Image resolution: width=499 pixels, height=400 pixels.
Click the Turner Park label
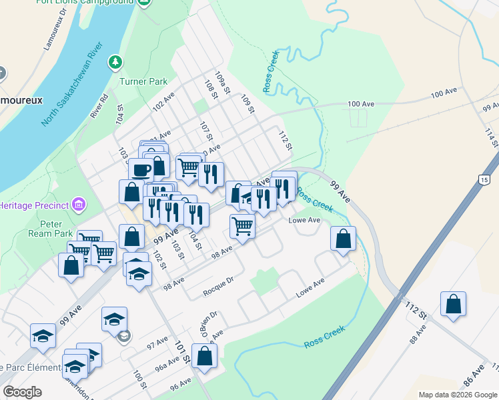pos(143,81)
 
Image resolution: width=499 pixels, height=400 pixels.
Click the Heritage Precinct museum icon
pos(78,203)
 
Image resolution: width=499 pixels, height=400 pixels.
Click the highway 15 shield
pos(484,180)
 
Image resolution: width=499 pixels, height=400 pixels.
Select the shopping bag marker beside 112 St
pos(453,304)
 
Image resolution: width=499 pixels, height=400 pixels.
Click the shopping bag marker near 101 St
pos(204,355)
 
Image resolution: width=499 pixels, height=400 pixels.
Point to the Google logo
pos(22,392)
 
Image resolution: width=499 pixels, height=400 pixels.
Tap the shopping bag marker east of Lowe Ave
pos(343,239)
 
